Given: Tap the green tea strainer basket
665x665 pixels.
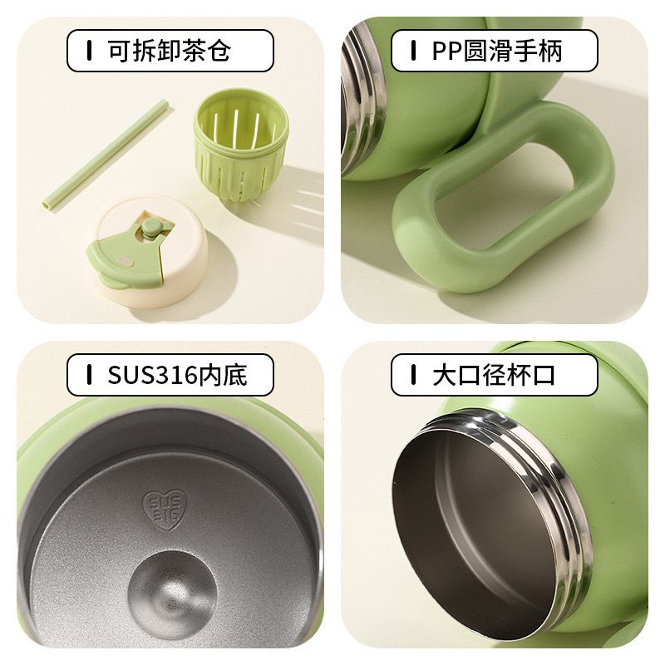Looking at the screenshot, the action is pyautogui.click(x=240, y=145).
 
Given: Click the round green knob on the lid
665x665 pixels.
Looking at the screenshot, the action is pyautogui.click(x=150, y=227).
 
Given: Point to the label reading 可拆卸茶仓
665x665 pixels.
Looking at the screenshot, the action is pyautogui.click(x=170, y=51).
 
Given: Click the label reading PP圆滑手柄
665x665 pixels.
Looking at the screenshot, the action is pyautogui.click(x=495, y=51).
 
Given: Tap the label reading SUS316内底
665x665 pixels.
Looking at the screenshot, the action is pyautogui.click(x=170, y=375).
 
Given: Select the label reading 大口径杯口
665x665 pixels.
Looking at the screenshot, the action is pyautogui.click(x=495, y=375).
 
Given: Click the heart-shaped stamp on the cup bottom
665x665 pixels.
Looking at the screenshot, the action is pyautogui.click(x=164, y=510).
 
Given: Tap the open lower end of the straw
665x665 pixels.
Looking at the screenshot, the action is pyautogui.click(x=47, y=204).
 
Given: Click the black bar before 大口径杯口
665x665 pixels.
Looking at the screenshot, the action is pyautogui.click(x=413, y=375).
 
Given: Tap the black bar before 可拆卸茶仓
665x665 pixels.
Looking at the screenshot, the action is pyautogui.click(x=89, y=51).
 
